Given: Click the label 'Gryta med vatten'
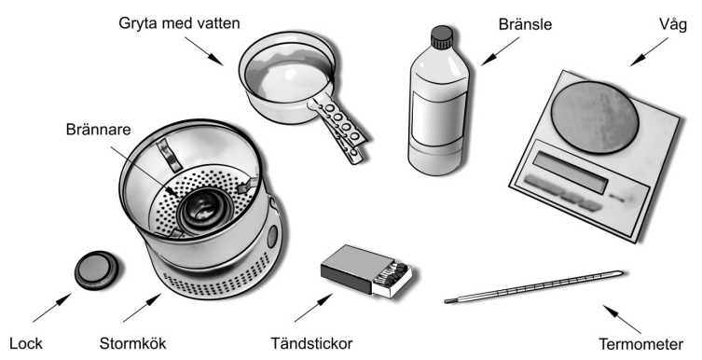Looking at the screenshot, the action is click(179, 23).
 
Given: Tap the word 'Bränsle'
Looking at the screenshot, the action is click(525, 24).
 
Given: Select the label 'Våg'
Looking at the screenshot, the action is click(672, 24).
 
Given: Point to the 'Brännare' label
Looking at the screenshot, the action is click(99, 130).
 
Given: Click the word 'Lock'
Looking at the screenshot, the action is click(26, 344).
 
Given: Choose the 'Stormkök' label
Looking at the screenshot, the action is click(132, 344).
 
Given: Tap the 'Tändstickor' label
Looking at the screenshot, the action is click(311, 344).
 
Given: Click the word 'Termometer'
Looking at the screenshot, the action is click(641, 344).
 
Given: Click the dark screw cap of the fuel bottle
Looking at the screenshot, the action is click(442, 36).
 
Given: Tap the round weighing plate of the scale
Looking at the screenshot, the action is click(594, 118).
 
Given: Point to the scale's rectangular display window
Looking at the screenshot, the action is click(571, 172).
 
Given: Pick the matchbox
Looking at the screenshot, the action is click(366, 270).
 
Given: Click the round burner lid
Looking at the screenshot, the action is click(96, 270).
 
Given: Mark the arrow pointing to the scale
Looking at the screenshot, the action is click(649, 52).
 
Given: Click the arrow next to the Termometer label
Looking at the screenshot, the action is click(622, 319).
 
